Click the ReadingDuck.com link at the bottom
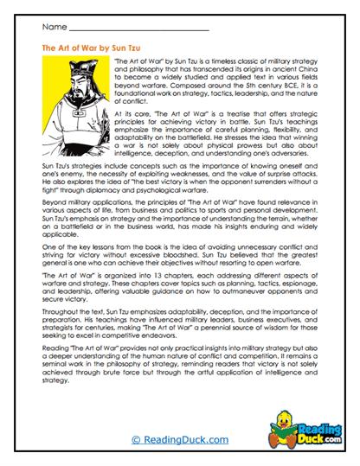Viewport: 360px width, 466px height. pos(180,438)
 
